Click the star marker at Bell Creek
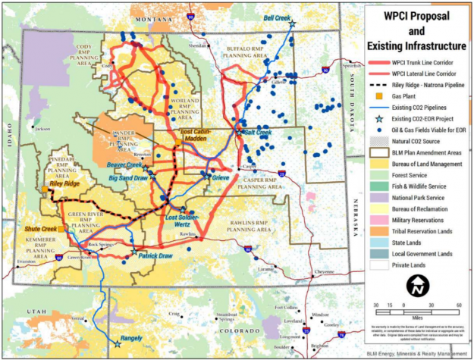[x=291, y=24]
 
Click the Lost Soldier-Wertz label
[x=183, y=221]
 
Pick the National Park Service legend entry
[x=419, y=196]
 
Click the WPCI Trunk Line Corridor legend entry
[x=425, y=62]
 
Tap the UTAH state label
[x=34, y=311]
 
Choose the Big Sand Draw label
[x=127, y=178]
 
